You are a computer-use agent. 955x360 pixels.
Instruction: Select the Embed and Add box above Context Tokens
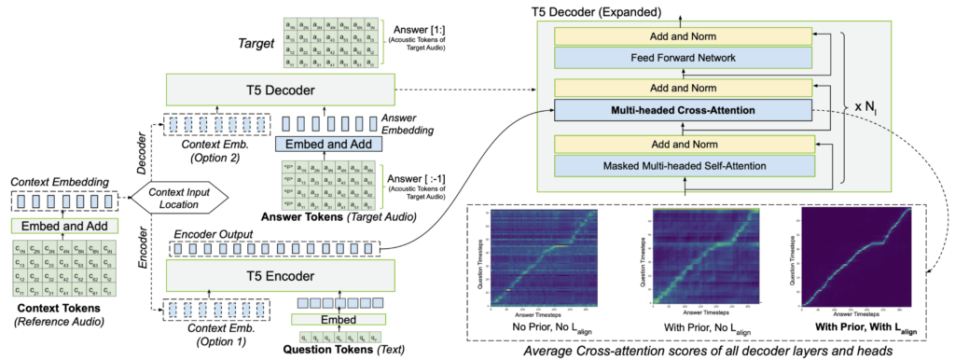tap(64, 226)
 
